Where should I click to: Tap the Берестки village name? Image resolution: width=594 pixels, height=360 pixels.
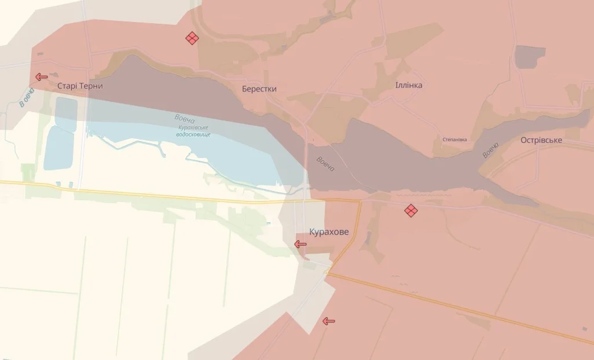click(x=259, y=89)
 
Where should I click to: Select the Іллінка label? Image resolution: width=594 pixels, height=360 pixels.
click(x=409, y=86)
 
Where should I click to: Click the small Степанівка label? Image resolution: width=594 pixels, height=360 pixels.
click(x=454, y=139)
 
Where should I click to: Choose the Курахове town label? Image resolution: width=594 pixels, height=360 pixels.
click(x=329, y=232)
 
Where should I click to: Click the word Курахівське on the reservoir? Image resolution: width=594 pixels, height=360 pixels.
click(x=193, y=128)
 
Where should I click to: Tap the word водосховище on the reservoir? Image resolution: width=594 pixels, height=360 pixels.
click(x=193, y=134)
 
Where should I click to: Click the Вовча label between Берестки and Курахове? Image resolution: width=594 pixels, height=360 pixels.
click(x=325, y=164)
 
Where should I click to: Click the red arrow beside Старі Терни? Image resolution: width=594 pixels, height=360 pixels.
click(x=41, y=76)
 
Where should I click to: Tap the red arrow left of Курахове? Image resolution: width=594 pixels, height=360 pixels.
click(x=300, y=244)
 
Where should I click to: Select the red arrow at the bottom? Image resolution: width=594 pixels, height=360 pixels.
click(x=329, y=321)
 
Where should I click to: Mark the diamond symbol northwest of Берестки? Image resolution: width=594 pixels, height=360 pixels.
click(x=192, y=38)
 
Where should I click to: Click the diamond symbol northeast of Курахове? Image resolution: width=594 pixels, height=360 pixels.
click(x=410, y=211)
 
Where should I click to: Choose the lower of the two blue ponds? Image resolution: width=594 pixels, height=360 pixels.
click(x=59, y=148)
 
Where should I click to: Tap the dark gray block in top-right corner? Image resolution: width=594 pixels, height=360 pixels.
click(x=530, y=57)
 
